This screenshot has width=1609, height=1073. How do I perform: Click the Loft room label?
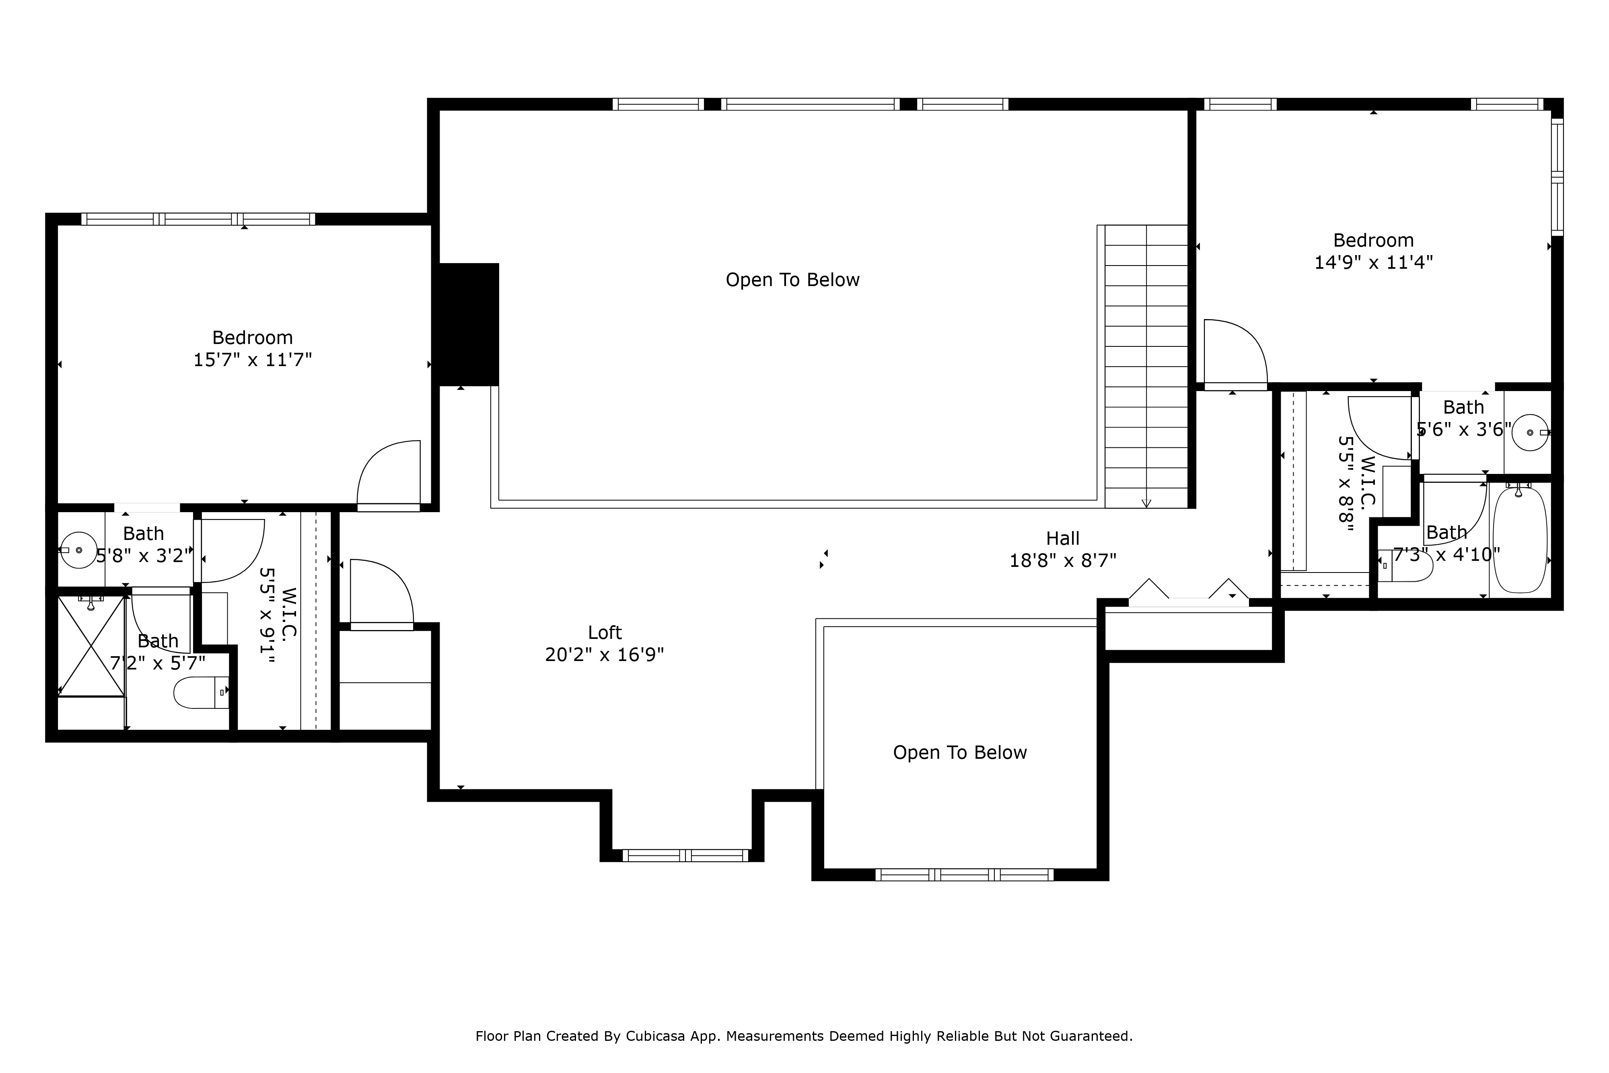(605, 632)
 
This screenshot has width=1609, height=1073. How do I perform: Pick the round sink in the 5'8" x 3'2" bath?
(78, 550)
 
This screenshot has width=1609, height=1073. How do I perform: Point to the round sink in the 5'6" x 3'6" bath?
(1530, 432)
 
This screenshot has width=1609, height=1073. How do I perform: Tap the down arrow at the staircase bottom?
(1146, 503)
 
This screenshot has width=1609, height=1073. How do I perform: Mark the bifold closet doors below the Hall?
(1189, 591)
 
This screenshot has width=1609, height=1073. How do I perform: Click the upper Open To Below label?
(792, 280)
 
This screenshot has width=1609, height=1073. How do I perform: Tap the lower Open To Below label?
(960, 753)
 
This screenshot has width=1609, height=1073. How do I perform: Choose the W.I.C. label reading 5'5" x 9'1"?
(277, 614)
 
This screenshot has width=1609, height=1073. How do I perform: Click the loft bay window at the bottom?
(685, 855)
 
